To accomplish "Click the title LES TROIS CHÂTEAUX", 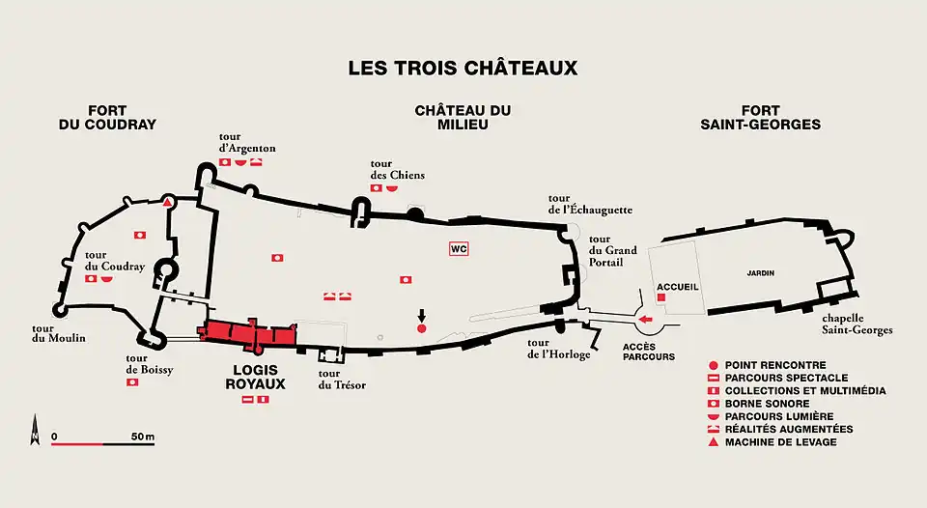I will pos(463,69).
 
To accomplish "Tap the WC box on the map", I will pos(459,248).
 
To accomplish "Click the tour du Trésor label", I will pos(342,380).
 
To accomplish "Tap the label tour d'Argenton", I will pos(247,141).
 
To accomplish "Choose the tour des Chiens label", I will pos(396,168).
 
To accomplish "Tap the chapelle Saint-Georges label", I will pos(857,324).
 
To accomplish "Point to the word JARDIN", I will pos(761,273).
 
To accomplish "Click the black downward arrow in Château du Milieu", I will pos(421,316).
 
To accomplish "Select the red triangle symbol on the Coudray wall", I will pos(168,202).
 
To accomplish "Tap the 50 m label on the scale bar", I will pos(142,437).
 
